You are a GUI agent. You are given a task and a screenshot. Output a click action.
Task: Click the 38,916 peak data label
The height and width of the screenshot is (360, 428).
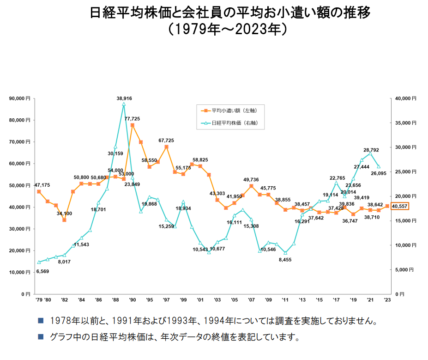pos(124,98)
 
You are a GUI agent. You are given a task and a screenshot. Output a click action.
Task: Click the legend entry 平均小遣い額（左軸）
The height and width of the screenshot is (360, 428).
pos(230,111)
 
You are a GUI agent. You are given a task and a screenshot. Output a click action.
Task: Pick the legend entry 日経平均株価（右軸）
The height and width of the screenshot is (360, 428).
pos(231,123)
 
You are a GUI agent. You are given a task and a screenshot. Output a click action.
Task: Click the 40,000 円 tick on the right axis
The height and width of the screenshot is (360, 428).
pos(406,98)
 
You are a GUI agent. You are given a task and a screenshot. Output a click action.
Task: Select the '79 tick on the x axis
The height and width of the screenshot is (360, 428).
pos(39,300)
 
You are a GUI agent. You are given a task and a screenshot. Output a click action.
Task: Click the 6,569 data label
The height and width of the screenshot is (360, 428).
pos(42,271)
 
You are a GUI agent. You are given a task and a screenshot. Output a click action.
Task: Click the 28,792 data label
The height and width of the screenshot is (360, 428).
pos(371,150)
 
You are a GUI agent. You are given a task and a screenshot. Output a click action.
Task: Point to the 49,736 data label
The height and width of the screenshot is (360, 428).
pos(251,179)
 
